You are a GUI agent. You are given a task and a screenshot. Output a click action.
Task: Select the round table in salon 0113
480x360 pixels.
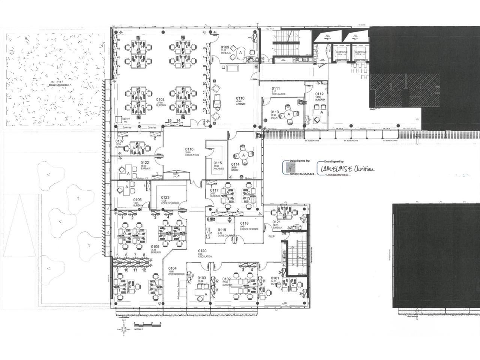289,114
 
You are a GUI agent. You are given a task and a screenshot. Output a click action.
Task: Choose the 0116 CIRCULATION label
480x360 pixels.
192,151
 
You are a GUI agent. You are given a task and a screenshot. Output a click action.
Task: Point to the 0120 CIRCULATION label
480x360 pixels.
204,253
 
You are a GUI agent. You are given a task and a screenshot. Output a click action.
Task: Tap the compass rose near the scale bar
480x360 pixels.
124,329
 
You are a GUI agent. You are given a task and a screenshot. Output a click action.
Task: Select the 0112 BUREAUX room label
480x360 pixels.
320,96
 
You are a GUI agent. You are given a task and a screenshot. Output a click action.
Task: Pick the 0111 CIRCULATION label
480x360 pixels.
278,91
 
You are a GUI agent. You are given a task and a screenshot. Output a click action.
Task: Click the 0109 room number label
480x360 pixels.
225,47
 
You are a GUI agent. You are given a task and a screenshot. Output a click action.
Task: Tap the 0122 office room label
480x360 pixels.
145,165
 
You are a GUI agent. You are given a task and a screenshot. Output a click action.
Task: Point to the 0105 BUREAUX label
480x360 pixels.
155,249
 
